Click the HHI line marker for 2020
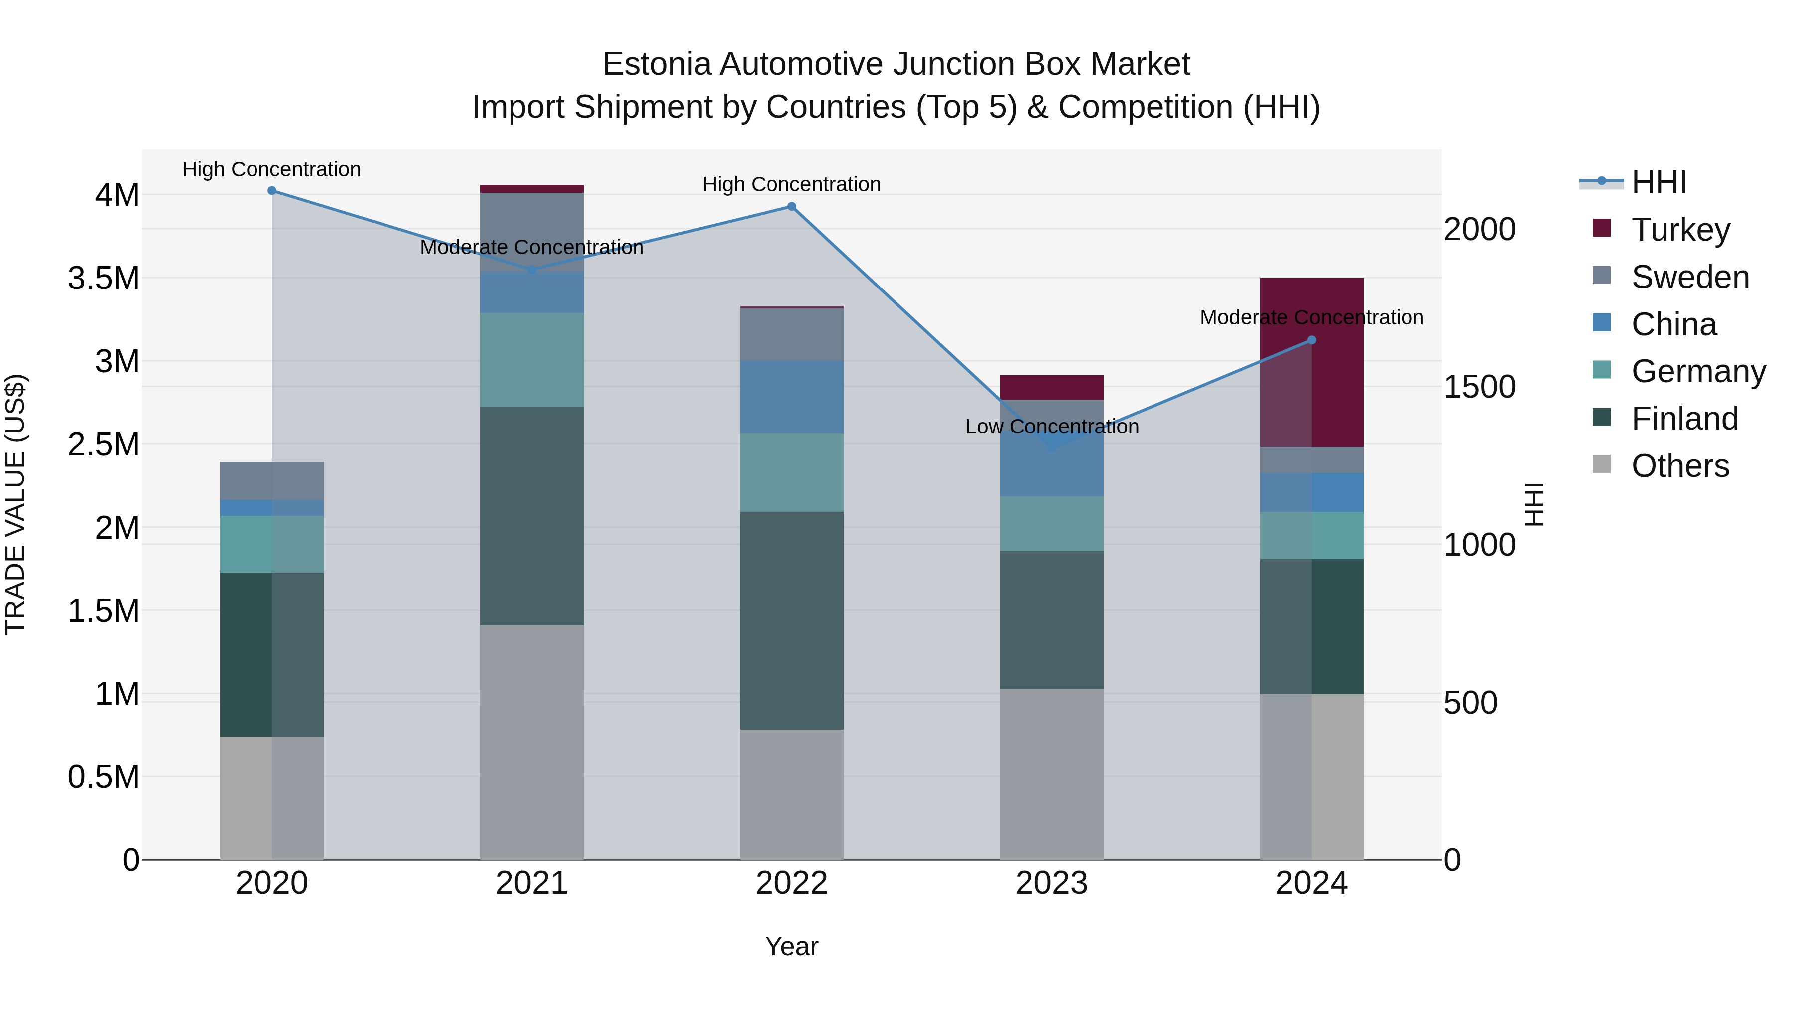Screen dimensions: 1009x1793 272,191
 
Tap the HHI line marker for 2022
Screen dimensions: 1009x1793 791,207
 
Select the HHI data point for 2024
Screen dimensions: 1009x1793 1311,340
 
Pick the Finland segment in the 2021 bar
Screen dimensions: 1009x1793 532,515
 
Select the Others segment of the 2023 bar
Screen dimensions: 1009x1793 1052,773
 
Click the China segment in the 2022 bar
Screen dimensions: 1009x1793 791,397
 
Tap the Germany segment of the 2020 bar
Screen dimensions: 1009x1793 272,544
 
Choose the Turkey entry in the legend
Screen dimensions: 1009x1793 1680,230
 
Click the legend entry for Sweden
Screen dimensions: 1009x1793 1690,277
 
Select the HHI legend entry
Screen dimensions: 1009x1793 1659,182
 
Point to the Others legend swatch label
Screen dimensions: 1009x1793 1680,466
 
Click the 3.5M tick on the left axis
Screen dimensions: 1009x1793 104,279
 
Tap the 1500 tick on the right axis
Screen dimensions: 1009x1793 1480,387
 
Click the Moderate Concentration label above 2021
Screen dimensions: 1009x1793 532,247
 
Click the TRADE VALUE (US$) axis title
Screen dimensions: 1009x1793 15,504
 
